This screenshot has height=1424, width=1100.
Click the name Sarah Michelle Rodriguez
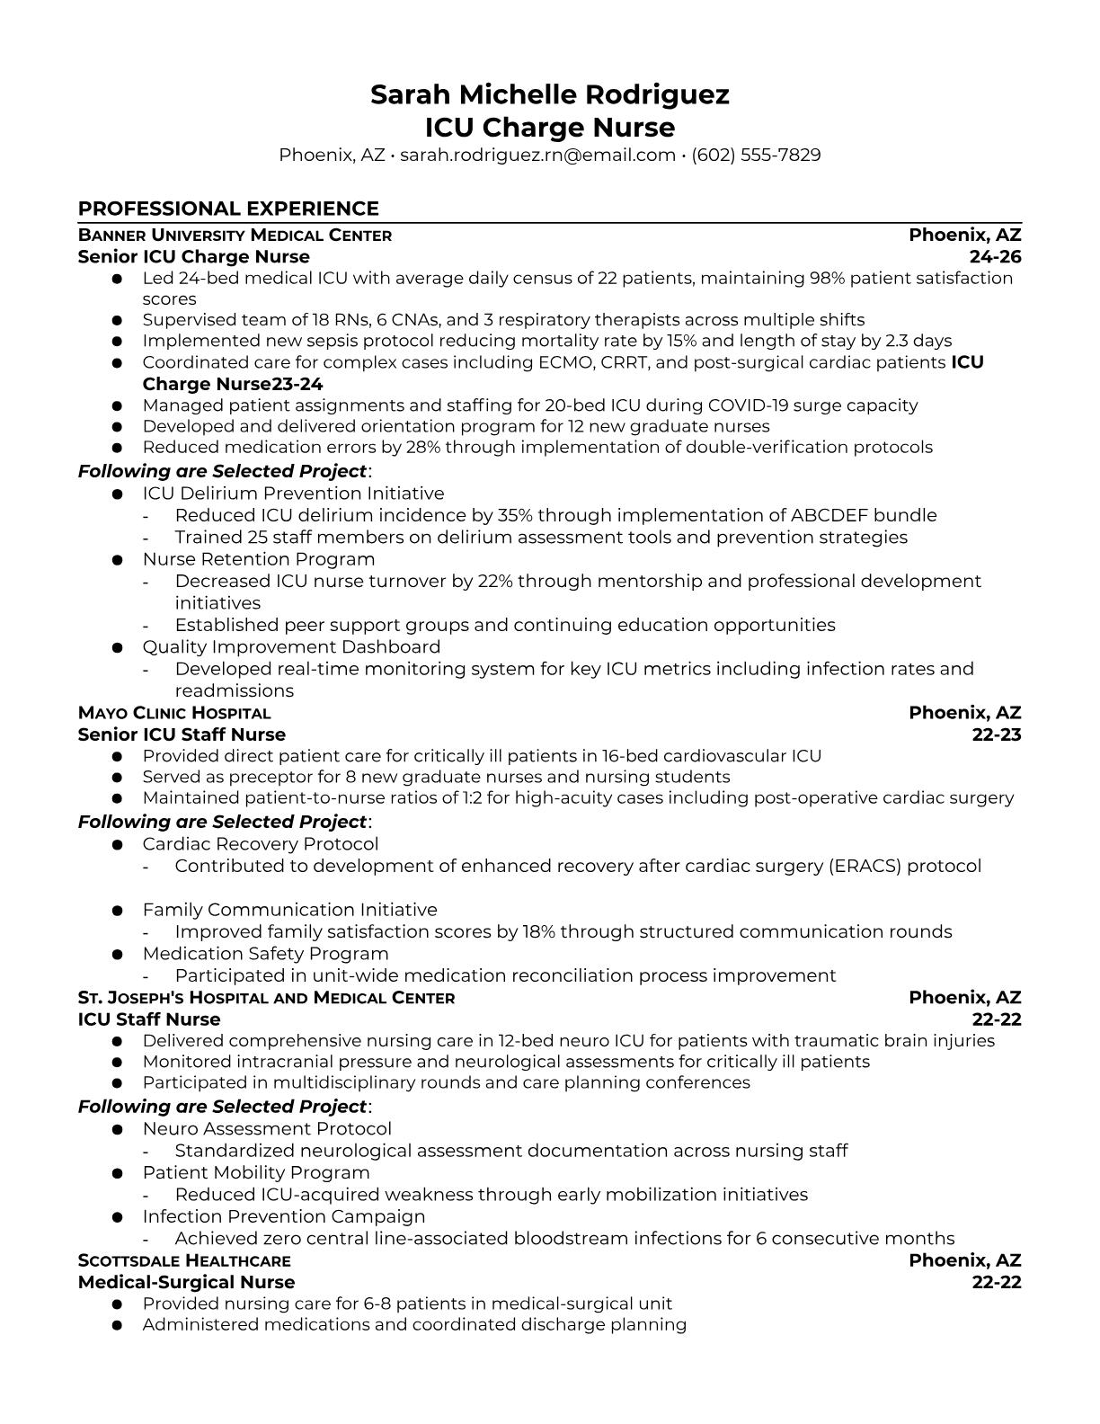(x=549, y=94)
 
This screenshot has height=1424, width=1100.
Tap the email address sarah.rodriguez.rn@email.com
(x=537, y=155)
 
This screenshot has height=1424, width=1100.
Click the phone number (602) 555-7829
(x=756, y=155)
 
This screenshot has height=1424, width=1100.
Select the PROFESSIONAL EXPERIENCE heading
(x=228, y=209)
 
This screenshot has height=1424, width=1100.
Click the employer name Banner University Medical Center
(x=235, y=236)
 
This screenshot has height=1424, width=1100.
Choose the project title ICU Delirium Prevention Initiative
(x=293, y=494)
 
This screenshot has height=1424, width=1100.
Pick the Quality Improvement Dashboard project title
(x=291, y=647)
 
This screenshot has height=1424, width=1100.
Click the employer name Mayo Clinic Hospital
(x=174, y=713)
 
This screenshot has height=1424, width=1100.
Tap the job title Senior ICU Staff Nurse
(x=182, y=734)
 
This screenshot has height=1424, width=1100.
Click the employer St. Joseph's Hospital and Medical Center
(x=266, y=998)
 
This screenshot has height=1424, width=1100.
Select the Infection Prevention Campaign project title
(x=284, y=1216)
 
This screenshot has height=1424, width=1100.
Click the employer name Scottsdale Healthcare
(x=184, y=1260)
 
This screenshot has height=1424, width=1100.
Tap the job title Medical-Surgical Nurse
(x=186, y=1282)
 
